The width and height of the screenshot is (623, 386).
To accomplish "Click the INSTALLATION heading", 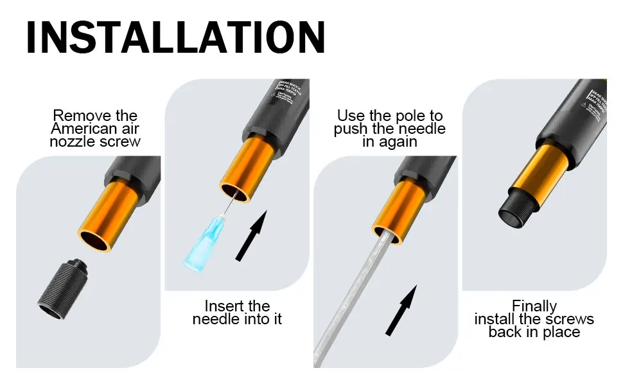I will point(175,37).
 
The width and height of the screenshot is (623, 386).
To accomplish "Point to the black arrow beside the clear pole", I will point(401,310).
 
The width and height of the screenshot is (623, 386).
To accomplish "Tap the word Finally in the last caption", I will point(534,306).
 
